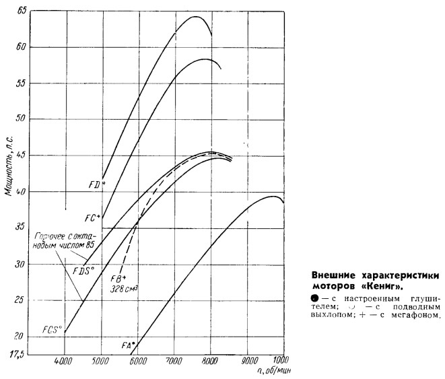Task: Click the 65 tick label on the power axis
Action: pyautogui.click(x=22, y=11)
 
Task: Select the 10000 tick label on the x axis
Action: pyautogui.click(x=281, y=361)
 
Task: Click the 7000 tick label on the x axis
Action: pyautogui.click(x=174, y=361)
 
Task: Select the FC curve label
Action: pyautogui.click(x=92, y=217)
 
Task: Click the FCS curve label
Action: pyautogui.click(x=52, y=330)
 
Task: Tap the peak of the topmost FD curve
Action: pyautogui.click(x=195, y=17)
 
